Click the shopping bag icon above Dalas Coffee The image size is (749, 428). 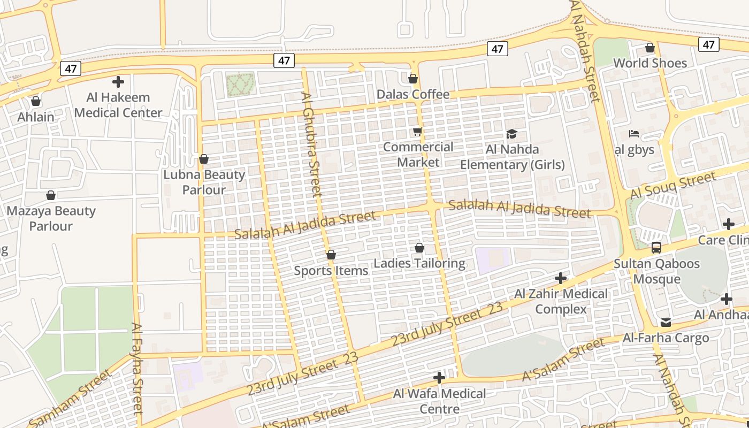point(412,79)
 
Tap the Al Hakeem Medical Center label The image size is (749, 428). point(118,105)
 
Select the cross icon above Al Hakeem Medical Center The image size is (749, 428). point(118,82)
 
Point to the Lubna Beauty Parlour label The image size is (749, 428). point(204,182)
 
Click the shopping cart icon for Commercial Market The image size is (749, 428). point(417,132)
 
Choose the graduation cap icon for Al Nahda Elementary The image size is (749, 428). point(512,134)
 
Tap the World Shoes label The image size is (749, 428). point(649,63)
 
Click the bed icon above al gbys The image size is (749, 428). point(634,134)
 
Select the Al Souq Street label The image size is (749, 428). point(672,185)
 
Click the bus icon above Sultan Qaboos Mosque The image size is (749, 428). point(656,248)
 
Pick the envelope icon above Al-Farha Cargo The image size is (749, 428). point(666,322)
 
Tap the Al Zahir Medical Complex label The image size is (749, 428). point(561,301)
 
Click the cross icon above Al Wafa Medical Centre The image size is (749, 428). point(439,378)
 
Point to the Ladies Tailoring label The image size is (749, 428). point(419,263)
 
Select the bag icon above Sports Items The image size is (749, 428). point(331,255)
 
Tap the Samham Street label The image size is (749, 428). point(71,398)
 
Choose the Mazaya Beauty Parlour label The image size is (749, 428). point(51,218)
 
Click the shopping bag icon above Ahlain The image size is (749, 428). point(36,101)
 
